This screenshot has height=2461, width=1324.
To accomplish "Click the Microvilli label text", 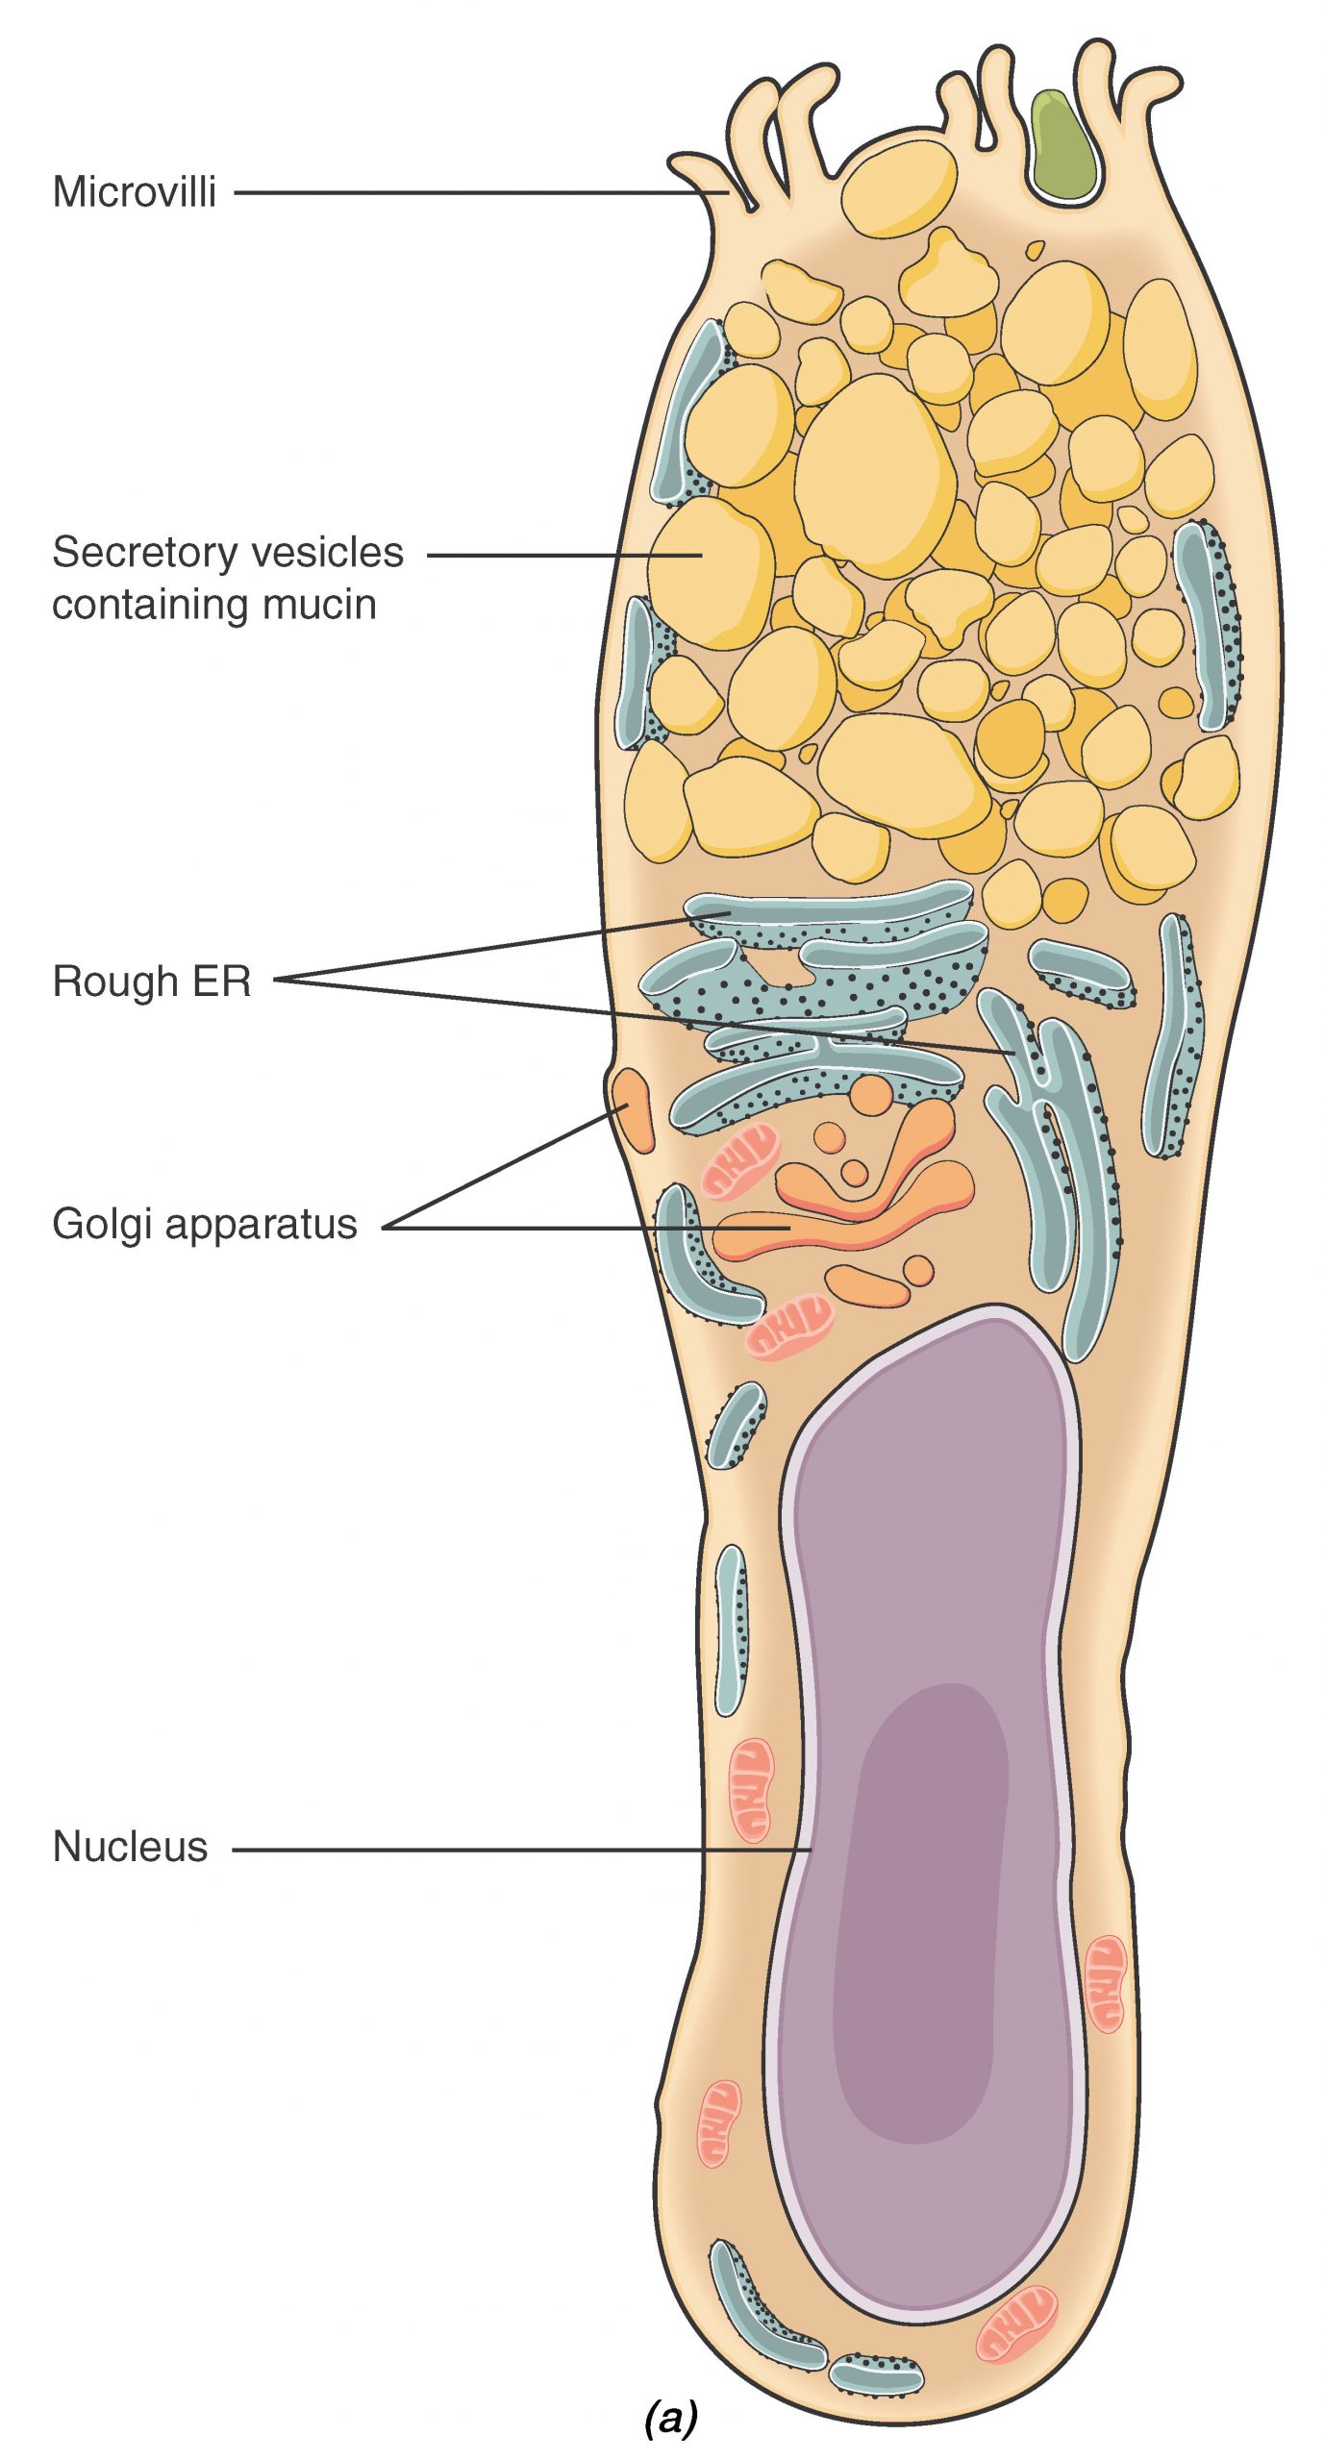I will click(134, 192).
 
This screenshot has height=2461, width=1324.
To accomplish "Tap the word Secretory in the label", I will click(132, 553).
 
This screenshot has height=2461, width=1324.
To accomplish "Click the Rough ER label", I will click(152, 982).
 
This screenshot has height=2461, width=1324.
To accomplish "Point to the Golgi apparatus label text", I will click(204, 1225).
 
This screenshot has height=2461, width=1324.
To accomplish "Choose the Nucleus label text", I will click(130, 1847).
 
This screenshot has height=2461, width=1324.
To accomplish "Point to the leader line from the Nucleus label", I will click(519, 1849).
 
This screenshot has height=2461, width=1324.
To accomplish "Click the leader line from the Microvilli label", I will click(481, 192).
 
